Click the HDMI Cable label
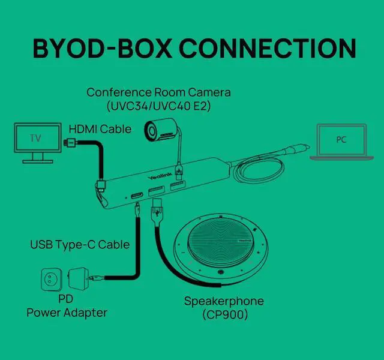100,129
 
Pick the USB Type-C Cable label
80,245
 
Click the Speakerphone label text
224,301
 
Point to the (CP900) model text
224,314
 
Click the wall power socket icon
52,278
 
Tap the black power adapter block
80,278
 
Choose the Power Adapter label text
67,313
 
